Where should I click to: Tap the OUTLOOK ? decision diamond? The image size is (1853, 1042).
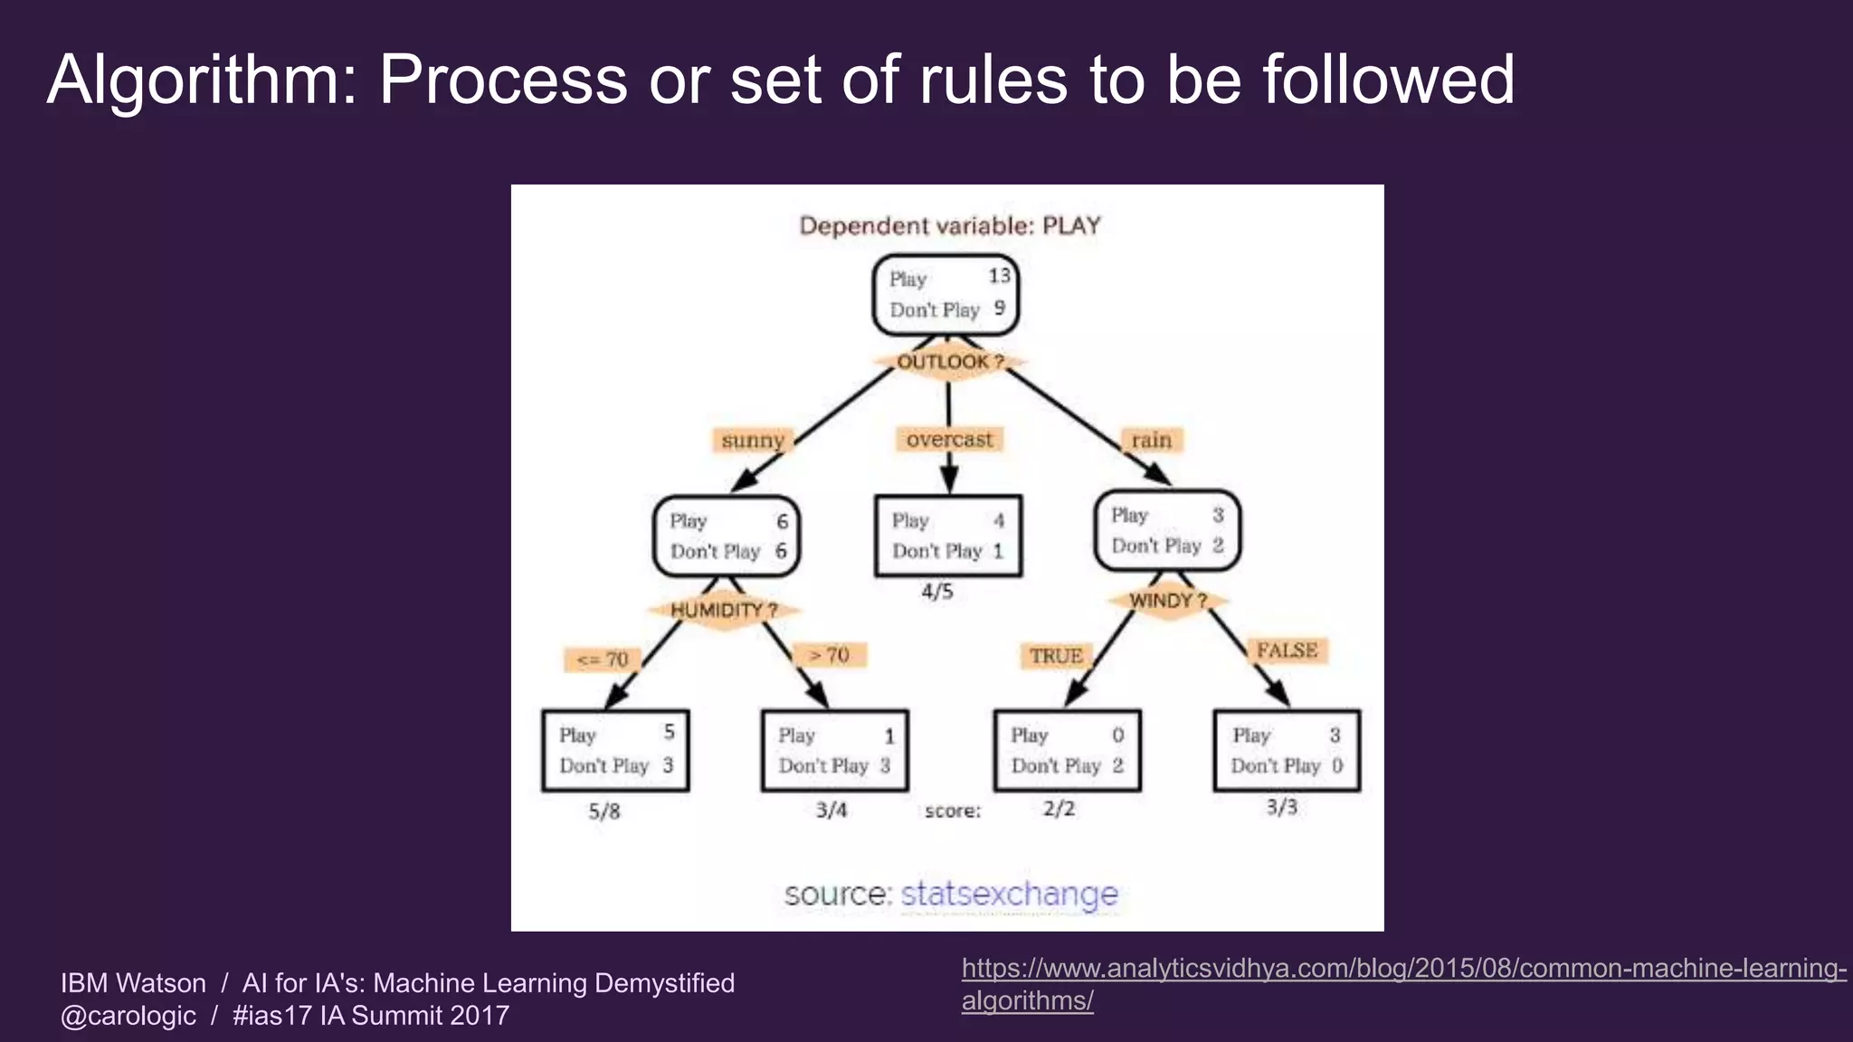point(949,362)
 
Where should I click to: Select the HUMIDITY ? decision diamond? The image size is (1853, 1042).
point(724,611)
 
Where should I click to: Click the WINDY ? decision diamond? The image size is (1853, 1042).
point(1167,601)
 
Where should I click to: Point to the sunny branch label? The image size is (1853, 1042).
point(752,440)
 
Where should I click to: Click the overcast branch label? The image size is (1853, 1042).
point(949,440)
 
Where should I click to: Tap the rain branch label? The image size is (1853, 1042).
point(1151,440)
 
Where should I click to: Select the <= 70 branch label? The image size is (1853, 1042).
point(603,659)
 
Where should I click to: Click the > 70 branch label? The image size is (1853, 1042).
point(830,654)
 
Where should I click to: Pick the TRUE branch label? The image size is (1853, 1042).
point(1055,656)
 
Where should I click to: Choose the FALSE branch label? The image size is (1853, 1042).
point(1287,650)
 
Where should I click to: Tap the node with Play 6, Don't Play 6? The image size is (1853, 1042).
point(727,536)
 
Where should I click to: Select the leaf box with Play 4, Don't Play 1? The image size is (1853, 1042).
point(948,535)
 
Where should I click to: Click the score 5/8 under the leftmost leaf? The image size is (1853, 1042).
point(604,811)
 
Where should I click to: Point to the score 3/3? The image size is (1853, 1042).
point(1281,807)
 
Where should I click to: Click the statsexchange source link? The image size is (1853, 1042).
point(1009,894)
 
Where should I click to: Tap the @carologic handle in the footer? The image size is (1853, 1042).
point(128,1016)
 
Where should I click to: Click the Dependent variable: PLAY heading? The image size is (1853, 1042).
point(949,225)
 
